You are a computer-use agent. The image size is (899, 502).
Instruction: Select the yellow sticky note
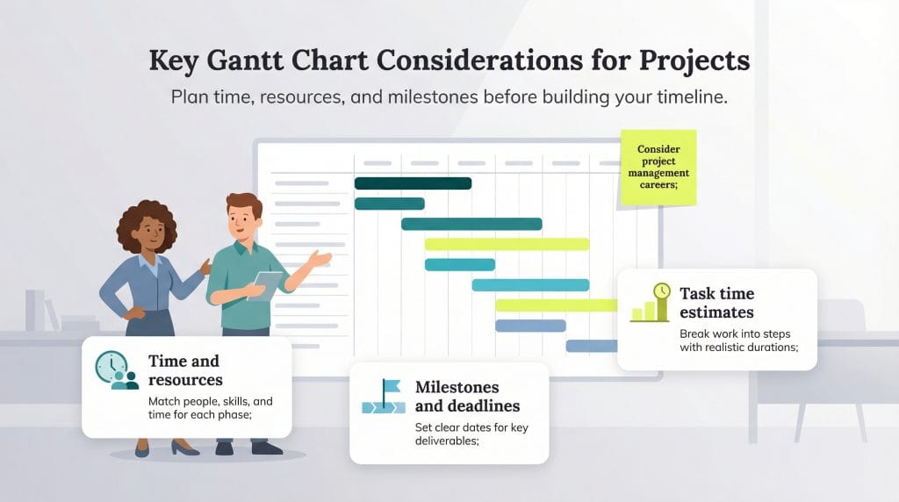click(x=658, y=167)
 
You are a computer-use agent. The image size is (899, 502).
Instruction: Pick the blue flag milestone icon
click(x=384, y=396)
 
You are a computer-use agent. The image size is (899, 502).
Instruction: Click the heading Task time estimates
click(x=716, y=302)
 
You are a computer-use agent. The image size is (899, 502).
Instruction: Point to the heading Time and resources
click(x=184, y=370)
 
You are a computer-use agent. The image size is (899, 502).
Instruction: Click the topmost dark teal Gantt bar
click(x=413, y=183)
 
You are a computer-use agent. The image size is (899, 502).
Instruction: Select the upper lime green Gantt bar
click(x=507, y=244)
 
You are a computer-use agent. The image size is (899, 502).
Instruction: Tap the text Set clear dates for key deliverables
click(x=471, y=434)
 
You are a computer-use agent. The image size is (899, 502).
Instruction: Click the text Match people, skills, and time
click(x=210, y=408)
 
